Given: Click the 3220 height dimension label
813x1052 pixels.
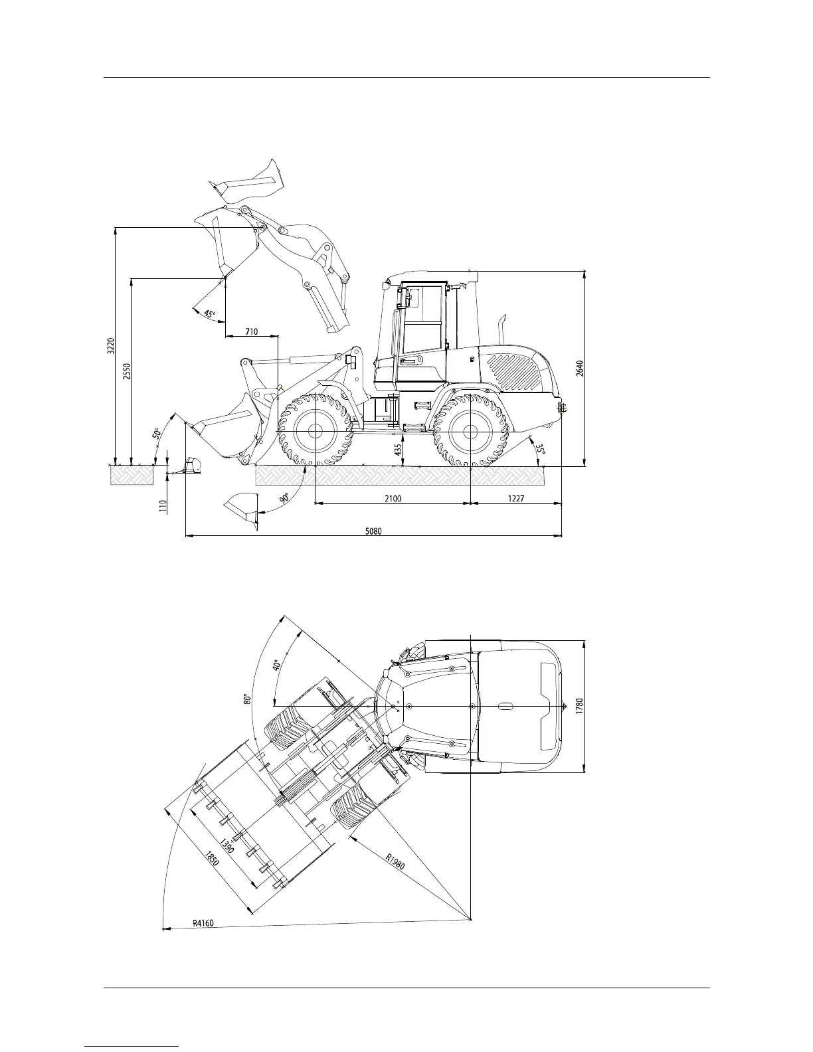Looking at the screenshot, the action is click(111, 345).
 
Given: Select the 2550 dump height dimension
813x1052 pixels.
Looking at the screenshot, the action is click(127, 372).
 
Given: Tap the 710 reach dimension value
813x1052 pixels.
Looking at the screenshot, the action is click(251, 331).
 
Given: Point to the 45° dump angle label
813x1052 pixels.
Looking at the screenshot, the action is click(209, 313).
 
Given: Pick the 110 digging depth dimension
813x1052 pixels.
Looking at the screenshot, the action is click(163, 506).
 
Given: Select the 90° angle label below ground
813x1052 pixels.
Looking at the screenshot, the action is click(284, 497).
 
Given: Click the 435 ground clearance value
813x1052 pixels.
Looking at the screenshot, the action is click(399, 450).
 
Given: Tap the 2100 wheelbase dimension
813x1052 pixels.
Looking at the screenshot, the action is click(393, 498).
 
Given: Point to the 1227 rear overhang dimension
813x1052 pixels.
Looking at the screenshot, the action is click(516, 498).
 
